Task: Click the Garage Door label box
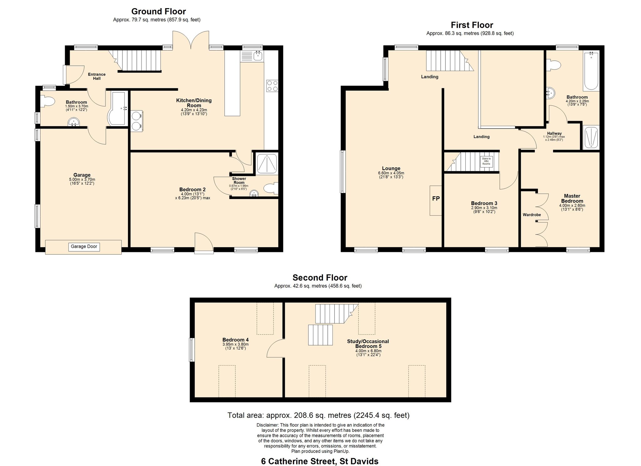tap(84, 247)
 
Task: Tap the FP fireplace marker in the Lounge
tap(436, 198)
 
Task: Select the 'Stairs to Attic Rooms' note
tap(486, 161)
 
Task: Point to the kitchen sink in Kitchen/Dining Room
tap(252, 56)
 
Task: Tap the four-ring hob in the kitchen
tap(272, 85)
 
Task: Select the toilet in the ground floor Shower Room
tap(271, 189)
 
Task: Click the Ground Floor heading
tap(158, 12)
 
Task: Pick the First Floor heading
tap(472, 25)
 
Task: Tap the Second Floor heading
tap(320, 278)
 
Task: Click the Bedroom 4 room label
tap(235, 340)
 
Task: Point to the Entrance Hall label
tap(97, 76)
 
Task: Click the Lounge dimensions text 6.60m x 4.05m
tap(391, 173)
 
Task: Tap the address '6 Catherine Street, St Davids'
tap(320, 461)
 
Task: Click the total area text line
tap(318, 415)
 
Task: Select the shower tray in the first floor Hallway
tap(591, 137)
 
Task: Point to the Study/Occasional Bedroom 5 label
tap(368, 344)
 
